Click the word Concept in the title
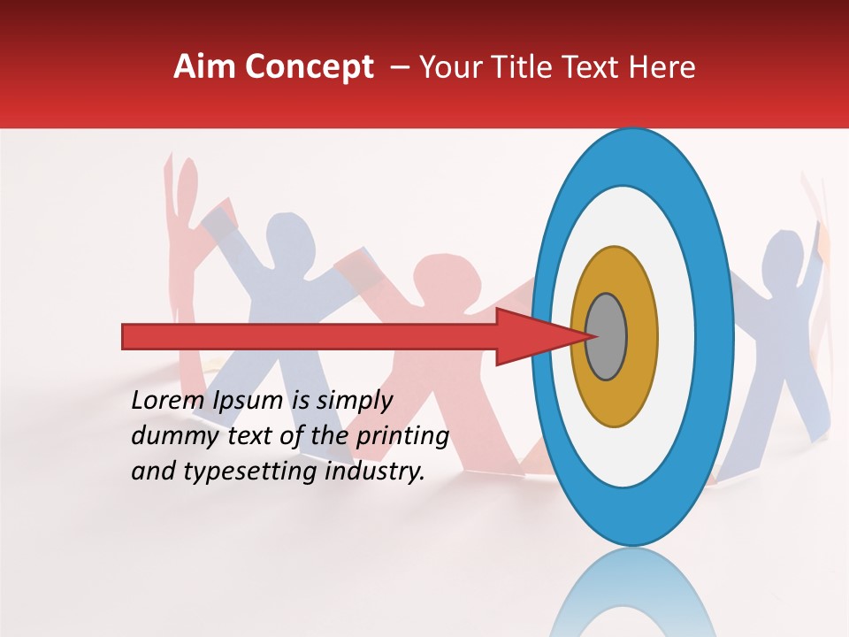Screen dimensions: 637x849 pyautogui.click(x=308, y=67)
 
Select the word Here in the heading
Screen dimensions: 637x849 pyautogui.click(x=661, y=67)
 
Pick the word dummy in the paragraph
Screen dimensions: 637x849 pyautogui.click(x=169, y=435)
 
